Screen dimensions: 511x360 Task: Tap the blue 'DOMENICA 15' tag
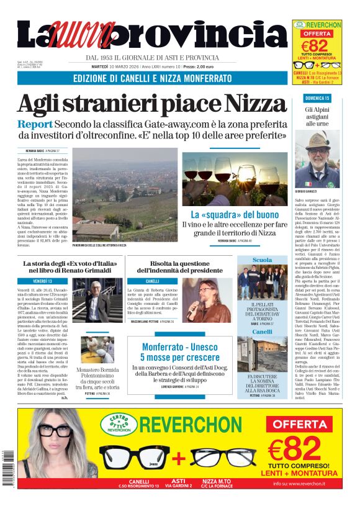[317, 99]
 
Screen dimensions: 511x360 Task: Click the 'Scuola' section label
[262, 260]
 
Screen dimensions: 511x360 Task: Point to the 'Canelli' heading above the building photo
[262, 332]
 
